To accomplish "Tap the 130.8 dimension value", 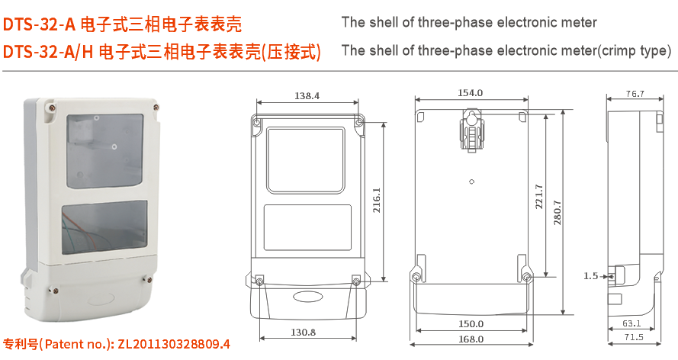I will coord(303,332).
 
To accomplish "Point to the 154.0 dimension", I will coord(471,93).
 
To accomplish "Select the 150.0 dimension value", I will coord(471,323).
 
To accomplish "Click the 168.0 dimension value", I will coord(471,339).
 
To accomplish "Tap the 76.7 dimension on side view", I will coord(635,94).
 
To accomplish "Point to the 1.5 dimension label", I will coord(591,275).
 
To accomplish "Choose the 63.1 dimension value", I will coord(631,323).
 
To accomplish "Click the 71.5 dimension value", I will coord(634,337).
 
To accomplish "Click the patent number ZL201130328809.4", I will coord(173,344).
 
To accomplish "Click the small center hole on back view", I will coord(471,182).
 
